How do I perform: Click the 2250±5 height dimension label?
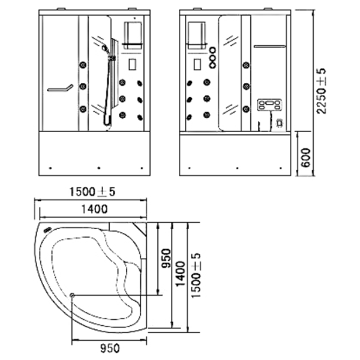pos(322,91)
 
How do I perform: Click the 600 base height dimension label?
pos(305,158)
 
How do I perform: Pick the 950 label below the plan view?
pos(110,348)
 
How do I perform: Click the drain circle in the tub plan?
pos(72,295)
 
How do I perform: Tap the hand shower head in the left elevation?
pos(104,48)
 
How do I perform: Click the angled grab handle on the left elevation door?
pos(60,88)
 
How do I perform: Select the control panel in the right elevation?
pos(269,104)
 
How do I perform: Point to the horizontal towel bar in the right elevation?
pos(270,46)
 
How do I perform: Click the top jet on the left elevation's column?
pos(83,65)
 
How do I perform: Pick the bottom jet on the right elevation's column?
pos(246,109)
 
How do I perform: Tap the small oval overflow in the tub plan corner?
pos(47,229)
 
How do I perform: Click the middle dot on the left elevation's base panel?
pos(99,168)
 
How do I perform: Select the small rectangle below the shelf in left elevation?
pos(132,64)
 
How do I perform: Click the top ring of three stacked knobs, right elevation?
pos(212,50)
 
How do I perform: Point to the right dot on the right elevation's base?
pos(281,168)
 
